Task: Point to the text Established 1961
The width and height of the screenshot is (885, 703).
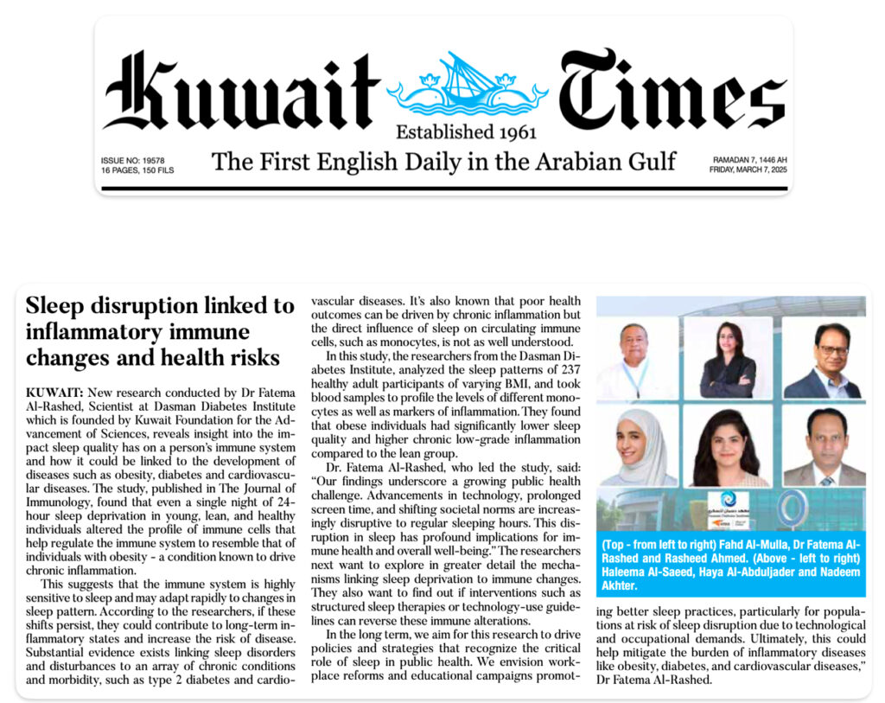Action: coord(466,132)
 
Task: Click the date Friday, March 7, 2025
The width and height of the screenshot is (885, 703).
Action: coord(749,170)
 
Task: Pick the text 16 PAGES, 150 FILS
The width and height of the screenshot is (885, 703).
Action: coord(137,170)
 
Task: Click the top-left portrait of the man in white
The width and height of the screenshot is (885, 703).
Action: coord(636,357)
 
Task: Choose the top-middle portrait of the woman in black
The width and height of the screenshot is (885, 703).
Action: coord(727,357)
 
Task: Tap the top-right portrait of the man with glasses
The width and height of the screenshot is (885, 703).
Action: coord(821,357)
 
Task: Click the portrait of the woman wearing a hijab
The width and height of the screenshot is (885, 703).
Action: coord(636,446)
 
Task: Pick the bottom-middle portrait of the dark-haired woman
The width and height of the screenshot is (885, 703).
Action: coord(727,446)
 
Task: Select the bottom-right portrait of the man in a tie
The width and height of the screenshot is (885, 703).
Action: coord(823,446)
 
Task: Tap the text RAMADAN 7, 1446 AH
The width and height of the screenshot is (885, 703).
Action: coord(749,161)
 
